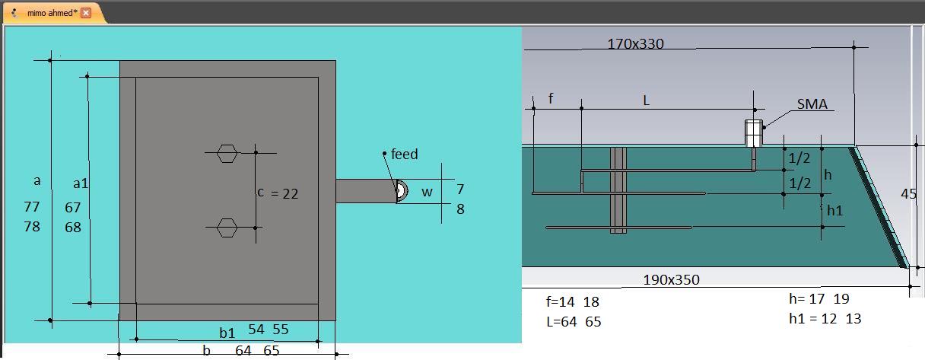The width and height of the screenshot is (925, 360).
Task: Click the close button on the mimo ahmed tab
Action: click(x=86, y=13)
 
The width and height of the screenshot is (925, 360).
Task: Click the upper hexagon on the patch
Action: click(x=227, y=153)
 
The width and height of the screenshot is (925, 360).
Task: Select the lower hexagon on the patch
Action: click(x=227, y=228)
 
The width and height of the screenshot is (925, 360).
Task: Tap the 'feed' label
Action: click(x=404, y=155)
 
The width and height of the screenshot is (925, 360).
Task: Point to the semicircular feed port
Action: click(x=402, y=191)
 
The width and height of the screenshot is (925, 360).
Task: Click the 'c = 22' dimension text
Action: click(x=278, y=193)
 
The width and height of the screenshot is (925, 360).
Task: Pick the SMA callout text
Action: click(x=812, y=104)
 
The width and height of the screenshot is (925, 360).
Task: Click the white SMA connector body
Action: click(x=754, y=133)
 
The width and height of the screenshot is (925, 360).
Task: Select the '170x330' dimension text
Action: click(x=635, y=44)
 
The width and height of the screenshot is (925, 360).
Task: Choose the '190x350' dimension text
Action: click(x=672, y=280)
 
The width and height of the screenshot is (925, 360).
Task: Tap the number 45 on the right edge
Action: click(x=908, y=193)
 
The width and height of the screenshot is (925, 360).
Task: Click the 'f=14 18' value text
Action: click(x=572, y=301)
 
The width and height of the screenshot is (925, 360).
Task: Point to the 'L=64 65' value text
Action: click(x=574, y=321)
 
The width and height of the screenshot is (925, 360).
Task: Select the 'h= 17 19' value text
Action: click(x=819, y=298)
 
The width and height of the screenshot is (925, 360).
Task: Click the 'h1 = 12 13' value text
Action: click(x=825, y=318)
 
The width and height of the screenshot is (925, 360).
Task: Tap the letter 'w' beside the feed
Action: click(x=427, y=193)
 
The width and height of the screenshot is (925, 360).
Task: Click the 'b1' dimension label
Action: click(x=227, y=333)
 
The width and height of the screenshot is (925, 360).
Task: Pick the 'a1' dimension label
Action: click(x=81, y=183)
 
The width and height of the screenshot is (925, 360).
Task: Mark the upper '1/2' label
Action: click(x=799, y=158)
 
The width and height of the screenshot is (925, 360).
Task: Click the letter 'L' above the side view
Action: click(x=647, y=100)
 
